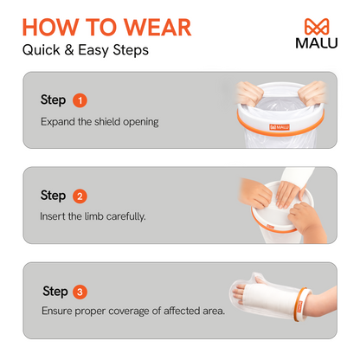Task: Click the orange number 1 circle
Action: [x=80, y=100]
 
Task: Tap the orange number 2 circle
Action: [x=80, y=196]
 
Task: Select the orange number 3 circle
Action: [x=80, y=292]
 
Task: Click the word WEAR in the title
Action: [x=157, y=28]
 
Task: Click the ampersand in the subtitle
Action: [x=69, y=50]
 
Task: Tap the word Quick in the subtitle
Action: [x=42, y=50]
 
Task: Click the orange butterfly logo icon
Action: [x=317, y=27]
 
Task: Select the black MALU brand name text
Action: [x=317, y=43]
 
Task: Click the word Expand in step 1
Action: [x=58, y=122]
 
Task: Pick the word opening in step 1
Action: [x=141, y=122]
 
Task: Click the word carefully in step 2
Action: [x=125, y=216]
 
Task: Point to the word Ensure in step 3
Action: [x=57, y=311]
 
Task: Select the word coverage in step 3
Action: [x=129, y=312]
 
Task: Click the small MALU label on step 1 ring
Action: [x=280, y=127]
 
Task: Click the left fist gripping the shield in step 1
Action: [x=249, y=93]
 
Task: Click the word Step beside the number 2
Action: [x=53, y=196]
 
